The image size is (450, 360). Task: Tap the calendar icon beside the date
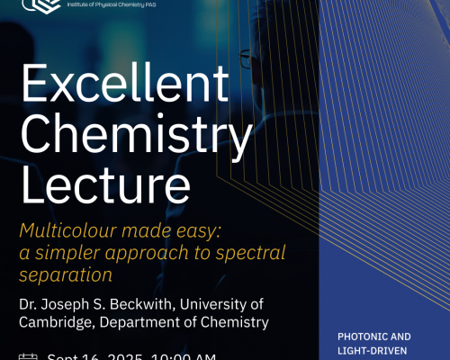point(28,356)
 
